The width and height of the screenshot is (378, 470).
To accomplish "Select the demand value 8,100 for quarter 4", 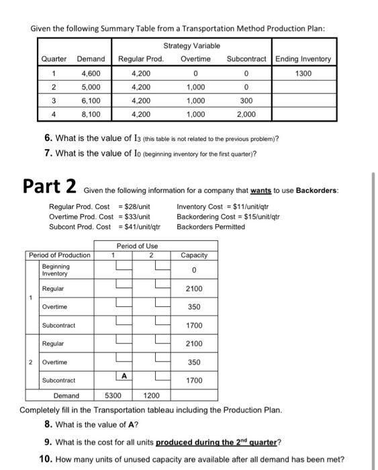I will [x=91, y=114].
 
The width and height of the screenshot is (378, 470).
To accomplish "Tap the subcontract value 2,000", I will [x=246, y=114].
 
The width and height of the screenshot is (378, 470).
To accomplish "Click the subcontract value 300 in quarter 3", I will [x=246, y=101].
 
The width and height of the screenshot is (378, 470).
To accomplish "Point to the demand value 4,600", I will [x=91, y=74].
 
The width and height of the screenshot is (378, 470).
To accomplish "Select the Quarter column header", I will [x=54, y=59].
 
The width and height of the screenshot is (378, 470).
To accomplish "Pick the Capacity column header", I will [x=193, y=255].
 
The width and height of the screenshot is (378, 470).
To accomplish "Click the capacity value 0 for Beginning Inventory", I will [x=193, y=271].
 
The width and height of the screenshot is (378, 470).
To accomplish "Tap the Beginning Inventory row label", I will [x=55, y=270].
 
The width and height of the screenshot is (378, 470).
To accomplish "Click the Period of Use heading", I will [x=137, y=246].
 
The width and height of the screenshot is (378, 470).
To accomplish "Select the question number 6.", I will [x=48, y=138].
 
